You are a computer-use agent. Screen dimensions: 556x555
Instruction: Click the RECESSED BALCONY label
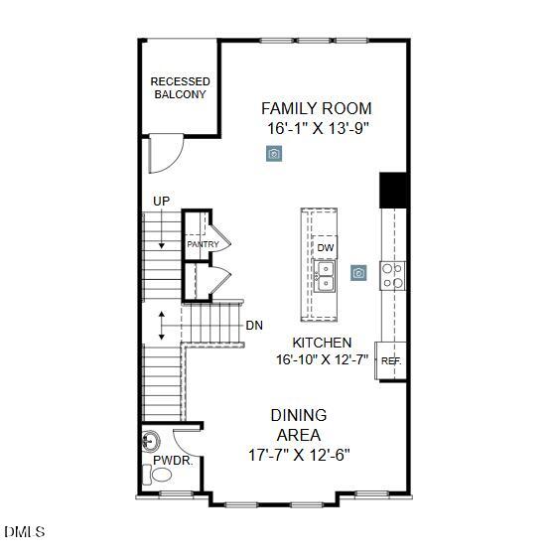(179, 87)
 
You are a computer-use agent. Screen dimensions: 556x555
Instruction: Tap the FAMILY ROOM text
(309, 108)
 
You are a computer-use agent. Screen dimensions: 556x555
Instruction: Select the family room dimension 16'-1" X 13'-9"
(310, 129)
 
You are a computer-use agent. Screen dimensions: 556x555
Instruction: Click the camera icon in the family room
(274, 153)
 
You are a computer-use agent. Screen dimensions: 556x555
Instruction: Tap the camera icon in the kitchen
(358, 272)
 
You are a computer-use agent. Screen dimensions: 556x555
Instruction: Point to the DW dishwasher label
(325, 247)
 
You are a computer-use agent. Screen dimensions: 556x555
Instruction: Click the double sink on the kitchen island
(325, 275)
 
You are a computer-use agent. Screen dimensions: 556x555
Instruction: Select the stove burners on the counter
(393, 275)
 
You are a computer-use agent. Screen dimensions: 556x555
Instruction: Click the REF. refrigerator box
(392, 361)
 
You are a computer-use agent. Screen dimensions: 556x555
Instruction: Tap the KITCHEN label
(322, 343)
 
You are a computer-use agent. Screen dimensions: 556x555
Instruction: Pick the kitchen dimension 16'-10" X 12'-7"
(322, 360)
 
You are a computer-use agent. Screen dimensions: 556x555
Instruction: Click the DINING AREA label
(299, 425)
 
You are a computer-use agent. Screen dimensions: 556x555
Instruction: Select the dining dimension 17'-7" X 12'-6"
(299, 455)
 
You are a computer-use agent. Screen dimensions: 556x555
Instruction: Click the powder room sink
(151, 440)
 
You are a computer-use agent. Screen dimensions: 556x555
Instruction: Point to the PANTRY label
(203, 244)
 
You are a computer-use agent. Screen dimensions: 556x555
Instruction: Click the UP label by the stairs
(161, 202)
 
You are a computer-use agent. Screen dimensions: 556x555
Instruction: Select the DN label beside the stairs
(254, 325)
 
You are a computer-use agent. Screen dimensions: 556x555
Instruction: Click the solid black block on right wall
(393, 190)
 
